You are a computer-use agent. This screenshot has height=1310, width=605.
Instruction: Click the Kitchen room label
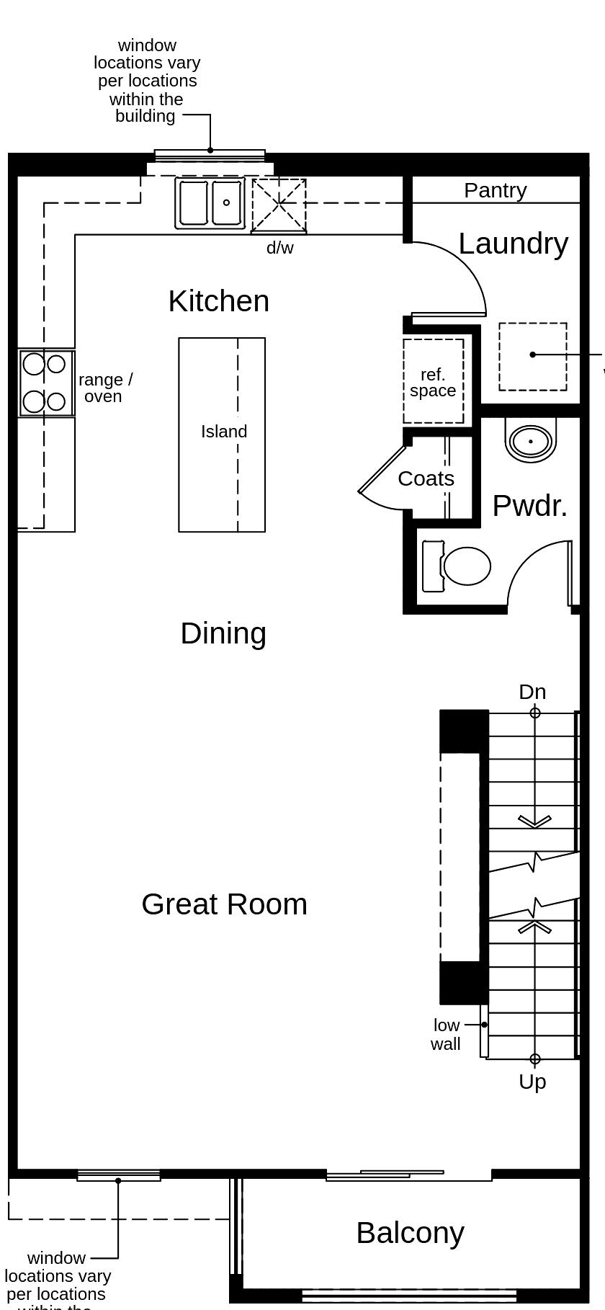[218, 301]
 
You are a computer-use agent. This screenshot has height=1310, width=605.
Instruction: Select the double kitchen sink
[210, 204]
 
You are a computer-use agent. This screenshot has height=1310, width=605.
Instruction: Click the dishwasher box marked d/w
[279, 206]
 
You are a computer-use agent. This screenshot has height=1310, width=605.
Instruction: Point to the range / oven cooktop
[46, 383]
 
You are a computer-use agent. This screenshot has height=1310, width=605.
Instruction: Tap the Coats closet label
[426, 478]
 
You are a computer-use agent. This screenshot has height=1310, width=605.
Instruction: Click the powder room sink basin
[531, 440]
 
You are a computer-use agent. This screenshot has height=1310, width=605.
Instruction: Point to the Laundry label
[513, 244]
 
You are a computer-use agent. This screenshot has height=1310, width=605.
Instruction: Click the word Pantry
[495, 190]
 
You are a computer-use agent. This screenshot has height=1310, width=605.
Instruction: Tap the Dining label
[223, 633]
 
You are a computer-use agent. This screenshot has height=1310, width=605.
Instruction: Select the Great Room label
[224, 904]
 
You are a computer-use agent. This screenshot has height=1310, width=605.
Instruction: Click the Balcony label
[410, 1233]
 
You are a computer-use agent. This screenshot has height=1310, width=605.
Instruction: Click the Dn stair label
[532, 692]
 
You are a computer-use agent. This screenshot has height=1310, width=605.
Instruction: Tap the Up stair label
[532, 1082]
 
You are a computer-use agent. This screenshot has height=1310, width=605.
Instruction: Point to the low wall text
[446, 1035]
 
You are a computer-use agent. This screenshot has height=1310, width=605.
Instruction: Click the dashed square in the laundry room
[533, 357]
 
